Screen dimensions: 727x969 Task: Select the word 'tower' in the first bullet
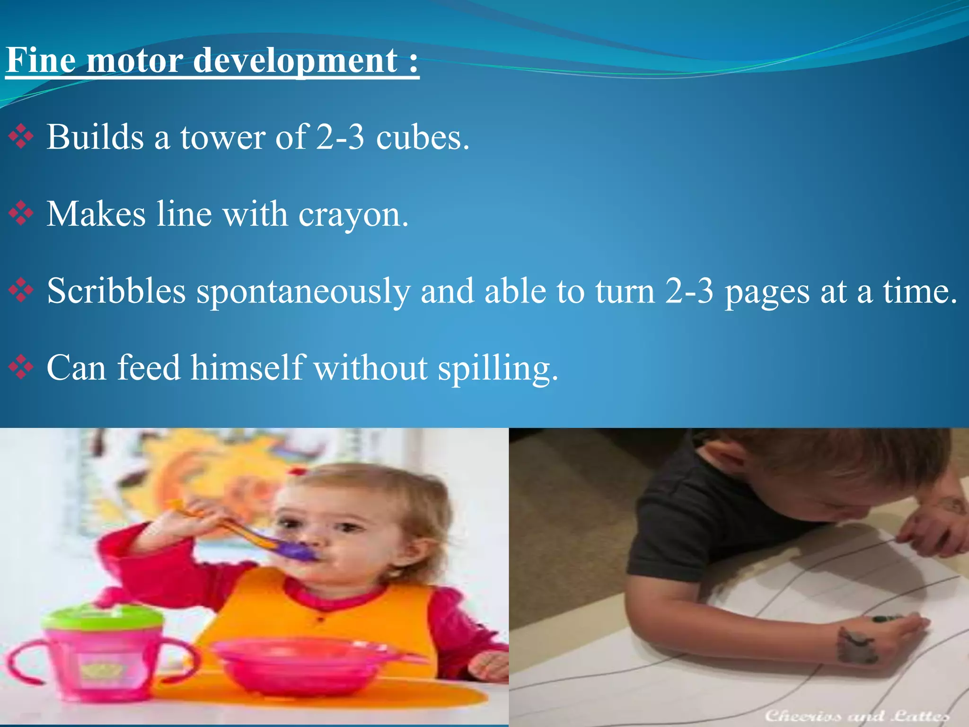pos(223,137)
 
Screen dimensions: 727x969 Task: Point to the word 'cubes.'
pos(423,137)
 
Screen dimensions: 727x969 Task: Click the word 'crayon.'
pos(353,214)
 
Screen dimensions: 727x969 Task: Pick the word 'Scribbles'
pos(116,291)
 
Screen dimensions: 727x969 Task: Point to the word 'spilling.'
pos(498,368)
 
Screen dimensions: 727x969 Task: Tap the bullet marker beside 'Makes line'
pos(21,214)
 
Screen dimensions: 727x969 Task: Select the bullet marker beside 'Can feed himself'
pos(21,367)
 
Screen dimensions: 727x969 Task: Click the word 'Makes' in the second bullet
pos(96,214)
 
